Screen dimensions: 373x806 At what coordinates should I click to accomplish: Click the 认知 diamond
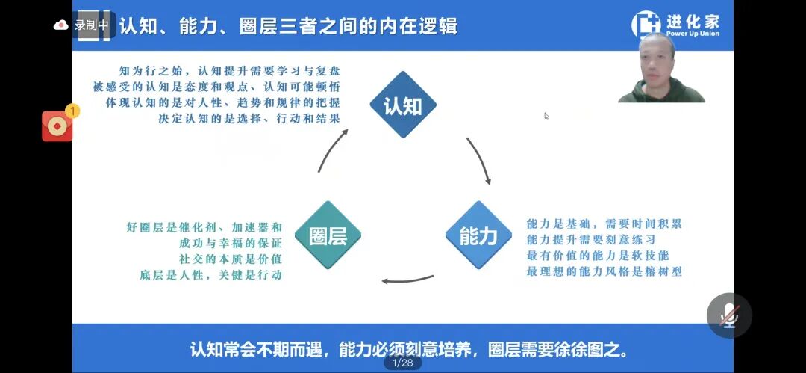click(403, 105)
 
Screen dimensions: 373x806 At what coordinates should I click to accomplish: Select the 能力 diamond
click(478, 235)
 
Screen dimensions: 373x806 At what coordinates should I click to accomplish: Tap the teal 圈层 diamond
click(328, 235)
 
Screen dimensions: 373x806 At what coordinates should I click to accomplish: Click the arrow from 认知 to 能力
click(480, 161)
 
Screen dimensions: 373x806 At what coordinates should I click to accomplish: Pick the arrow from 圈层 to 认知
click(331, 149)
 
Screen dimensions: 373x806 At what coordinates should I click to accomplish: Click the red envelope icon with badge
click(57, 126)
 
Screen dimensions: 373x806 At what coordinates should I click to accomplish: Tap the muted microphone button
click(729, 315)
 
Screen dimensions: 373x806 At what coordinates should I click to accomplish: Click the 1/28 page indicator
click(402, 363)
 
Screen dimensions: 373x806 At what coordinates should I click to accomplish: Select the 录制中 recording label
click(91, 25)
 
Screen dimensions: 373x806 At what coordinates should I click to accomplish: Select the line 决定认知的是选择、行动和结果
click(250, 118)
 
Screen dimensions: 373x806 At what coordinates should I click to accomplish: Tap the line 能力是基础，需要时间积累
click(604, 224)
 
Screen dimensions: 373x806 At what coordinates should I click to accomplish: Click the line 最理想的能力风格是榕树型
click(604, 271)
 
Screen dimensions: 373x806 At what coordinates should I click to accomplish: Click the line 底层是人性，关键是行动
click(210, 275)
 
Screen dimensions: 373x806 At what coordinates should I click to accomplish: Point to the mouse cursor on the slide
click(546, 116)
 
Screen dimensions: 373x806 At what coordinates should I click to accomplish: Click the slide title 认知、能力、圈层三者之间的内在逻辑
click(288, 26)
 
